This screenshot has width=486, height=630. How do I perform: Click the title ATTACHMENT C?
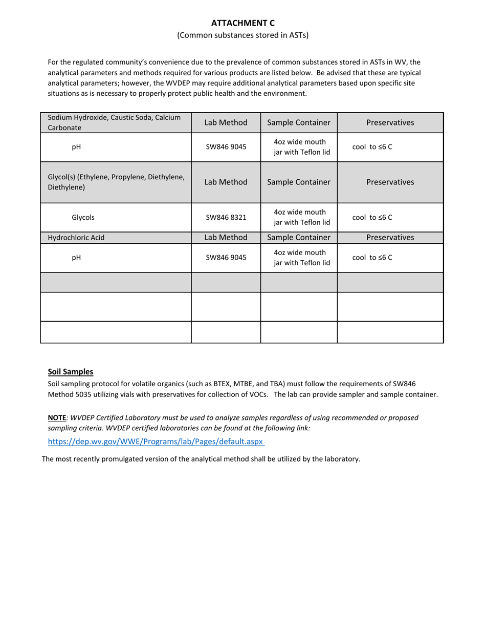click(x=243, y=23)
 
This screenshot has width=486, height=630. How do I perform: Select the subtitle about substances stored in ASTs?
click(x=243, y=35)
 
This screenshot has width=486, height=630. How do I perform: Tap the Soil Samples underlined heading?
click(x=71, y=372)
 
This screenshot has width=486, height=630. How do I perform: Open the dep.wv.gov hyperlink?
click(x=156, y=441)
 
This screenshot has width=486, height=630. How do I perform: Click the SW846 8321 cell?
click(x=226, y=217)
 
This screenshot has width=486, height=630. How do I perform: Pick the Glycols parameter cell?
click(x=83, y=217)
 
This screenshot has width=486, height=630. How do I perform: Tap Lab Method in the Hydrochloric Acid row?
click(x=226, y=238)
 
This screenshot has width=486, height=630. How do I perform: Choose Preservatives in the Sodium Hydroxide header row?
click(x=390, y=122)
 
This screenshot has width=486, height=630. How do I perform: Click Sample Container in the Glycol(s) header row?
click(x=299, y=182)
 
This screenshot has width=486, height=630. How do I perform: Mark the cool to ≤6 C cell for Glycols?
click(x=372, y=217)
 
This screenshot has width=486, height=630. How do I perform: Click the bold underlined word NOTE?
click(x=57, y=418)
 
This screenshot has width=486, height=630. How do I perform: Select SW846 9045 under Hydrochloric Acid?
click(x=226, y=258)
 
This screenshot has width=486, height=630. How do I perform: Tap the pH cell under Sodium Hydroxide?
click(x=76, y=147)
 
